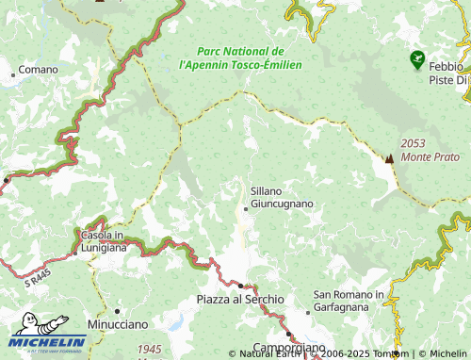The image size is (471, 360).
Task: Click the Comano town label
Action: pos(39,70)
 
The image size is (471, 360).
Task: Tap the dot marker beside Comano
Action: pos(13,74)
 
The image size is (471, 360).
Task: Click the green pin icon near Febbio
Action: pos(416,60)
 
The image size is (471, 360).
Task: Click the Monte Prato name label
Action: pos(430,156)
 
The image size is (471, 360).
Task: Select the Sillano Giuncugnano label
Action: pos(282,196)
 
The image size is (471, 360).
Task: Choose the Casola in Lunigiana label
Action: pos(105,241)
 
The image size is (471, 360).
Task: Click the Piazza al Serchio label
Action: pos(240,299)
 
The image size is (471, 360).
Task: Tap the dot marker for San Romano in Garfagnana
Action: pos(308,312)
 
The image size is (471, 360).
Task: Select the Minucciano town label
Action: pos(118,323)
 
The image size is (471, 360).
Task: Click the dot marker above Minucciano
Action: pos(117,310)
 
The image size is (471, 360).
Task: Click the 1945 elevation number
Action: pos(149,350)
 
